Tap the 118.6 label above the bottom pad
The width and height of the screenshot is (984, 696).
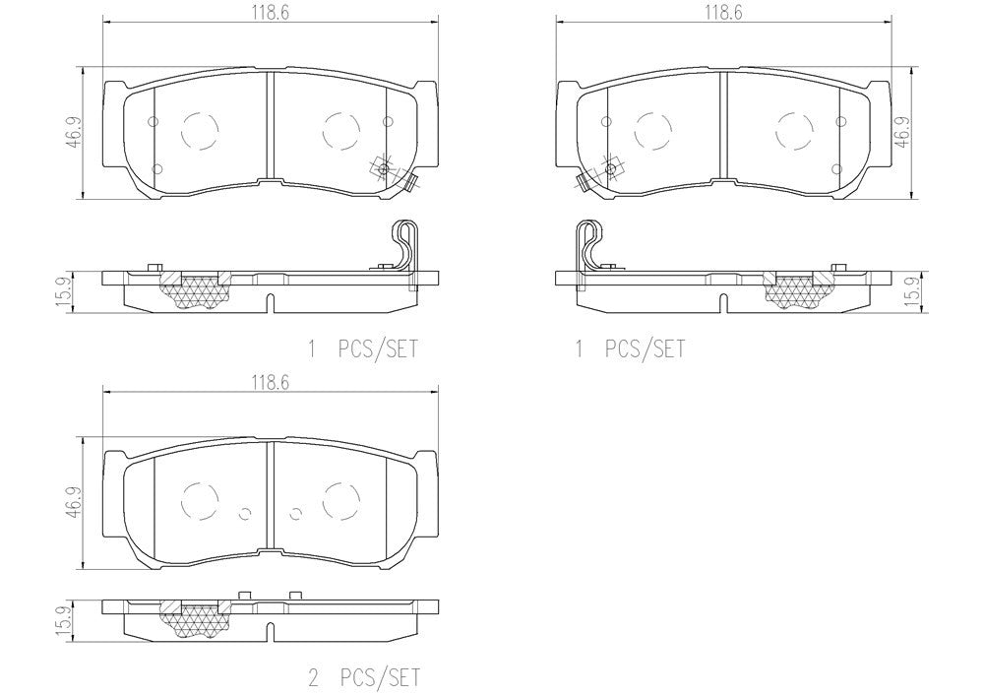[271, 383]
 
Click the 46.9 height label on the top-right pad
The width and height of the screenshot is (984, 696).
[902, 133]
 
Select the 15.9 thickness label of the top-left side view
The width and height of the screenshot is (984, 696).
[60, 291]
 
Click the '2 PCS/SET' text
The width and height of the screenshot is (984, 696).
[363, 678]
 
